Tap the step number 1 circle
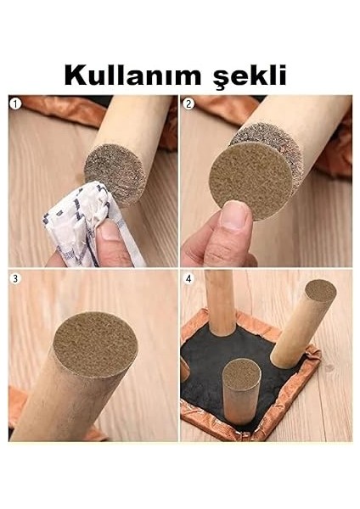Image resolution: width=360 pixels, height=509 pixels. click(x=14, y=103)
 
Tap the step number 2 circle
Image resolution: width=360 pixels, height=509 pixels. click(x=188, y=103)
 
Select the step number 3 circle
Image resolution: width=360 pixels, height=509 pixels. click(x=14, y=278)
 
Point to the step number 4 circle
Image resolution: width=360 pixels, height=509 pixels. click(x=188, y=278)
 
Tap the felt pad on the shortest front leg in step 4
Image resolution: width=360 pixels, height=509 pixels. click(x=241, y=373)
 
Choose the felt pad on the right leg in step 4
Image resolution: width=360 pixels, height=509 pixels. click(x=320, y=290)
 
